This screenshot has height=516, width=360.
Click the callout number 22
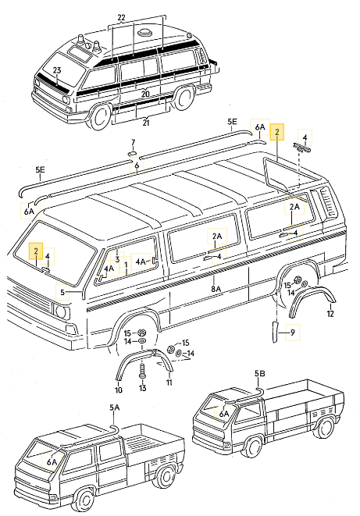click(120, 17)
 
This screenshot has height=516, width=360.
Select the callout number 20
click(144, 94)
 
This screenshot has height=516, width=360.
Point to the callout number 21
click(144, 123)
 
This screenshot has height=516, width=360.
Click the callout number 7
click(133, 142)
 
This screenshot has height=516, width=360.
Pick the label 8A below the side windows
click(216, 289)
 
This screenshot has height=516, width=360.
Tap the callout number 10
click(119, 390)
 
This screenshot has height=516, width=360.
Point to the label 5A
click(115, 407)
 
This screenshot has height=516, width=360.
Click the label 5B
click(261, 373)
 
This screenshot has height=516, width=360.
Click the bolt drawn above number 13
click(142, 369)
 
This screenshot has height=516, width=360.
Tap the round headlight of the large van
click(60, 311)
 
